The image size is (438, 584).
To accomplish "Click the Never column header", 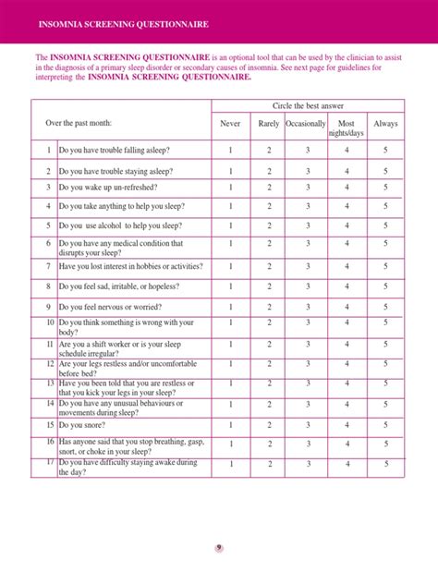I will (x=230, y=123).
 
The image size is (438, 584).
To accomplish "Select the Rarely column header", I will (x=269, y=123).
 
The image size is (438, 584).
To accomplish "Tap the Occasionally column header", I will (x=305, y=123).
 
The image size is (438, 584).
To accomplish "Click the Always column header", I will (x=385, y=123).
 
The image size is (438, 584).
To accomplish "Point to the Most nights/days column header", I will (x=347, y=128).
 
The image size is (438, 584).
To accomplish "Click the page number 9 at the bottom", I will (x=219, y=547).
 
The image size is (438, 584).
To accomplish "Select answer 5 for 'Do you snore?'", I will (x=385, y=425).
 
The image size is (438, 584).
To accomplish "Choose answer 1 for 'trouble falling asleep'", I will (x=230, y=150).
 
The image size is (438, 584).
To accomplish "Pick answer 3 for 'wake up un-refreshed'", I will (x=308, y=188).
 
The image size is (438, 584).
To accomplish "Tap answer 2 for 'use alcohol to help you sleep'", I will (x=269, y=225).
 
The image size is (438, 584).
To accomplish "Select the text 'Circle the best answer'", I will (x=308, y=105).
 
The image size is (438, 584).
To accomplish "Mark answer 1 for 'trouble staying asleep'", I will (x=230, y=171).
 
